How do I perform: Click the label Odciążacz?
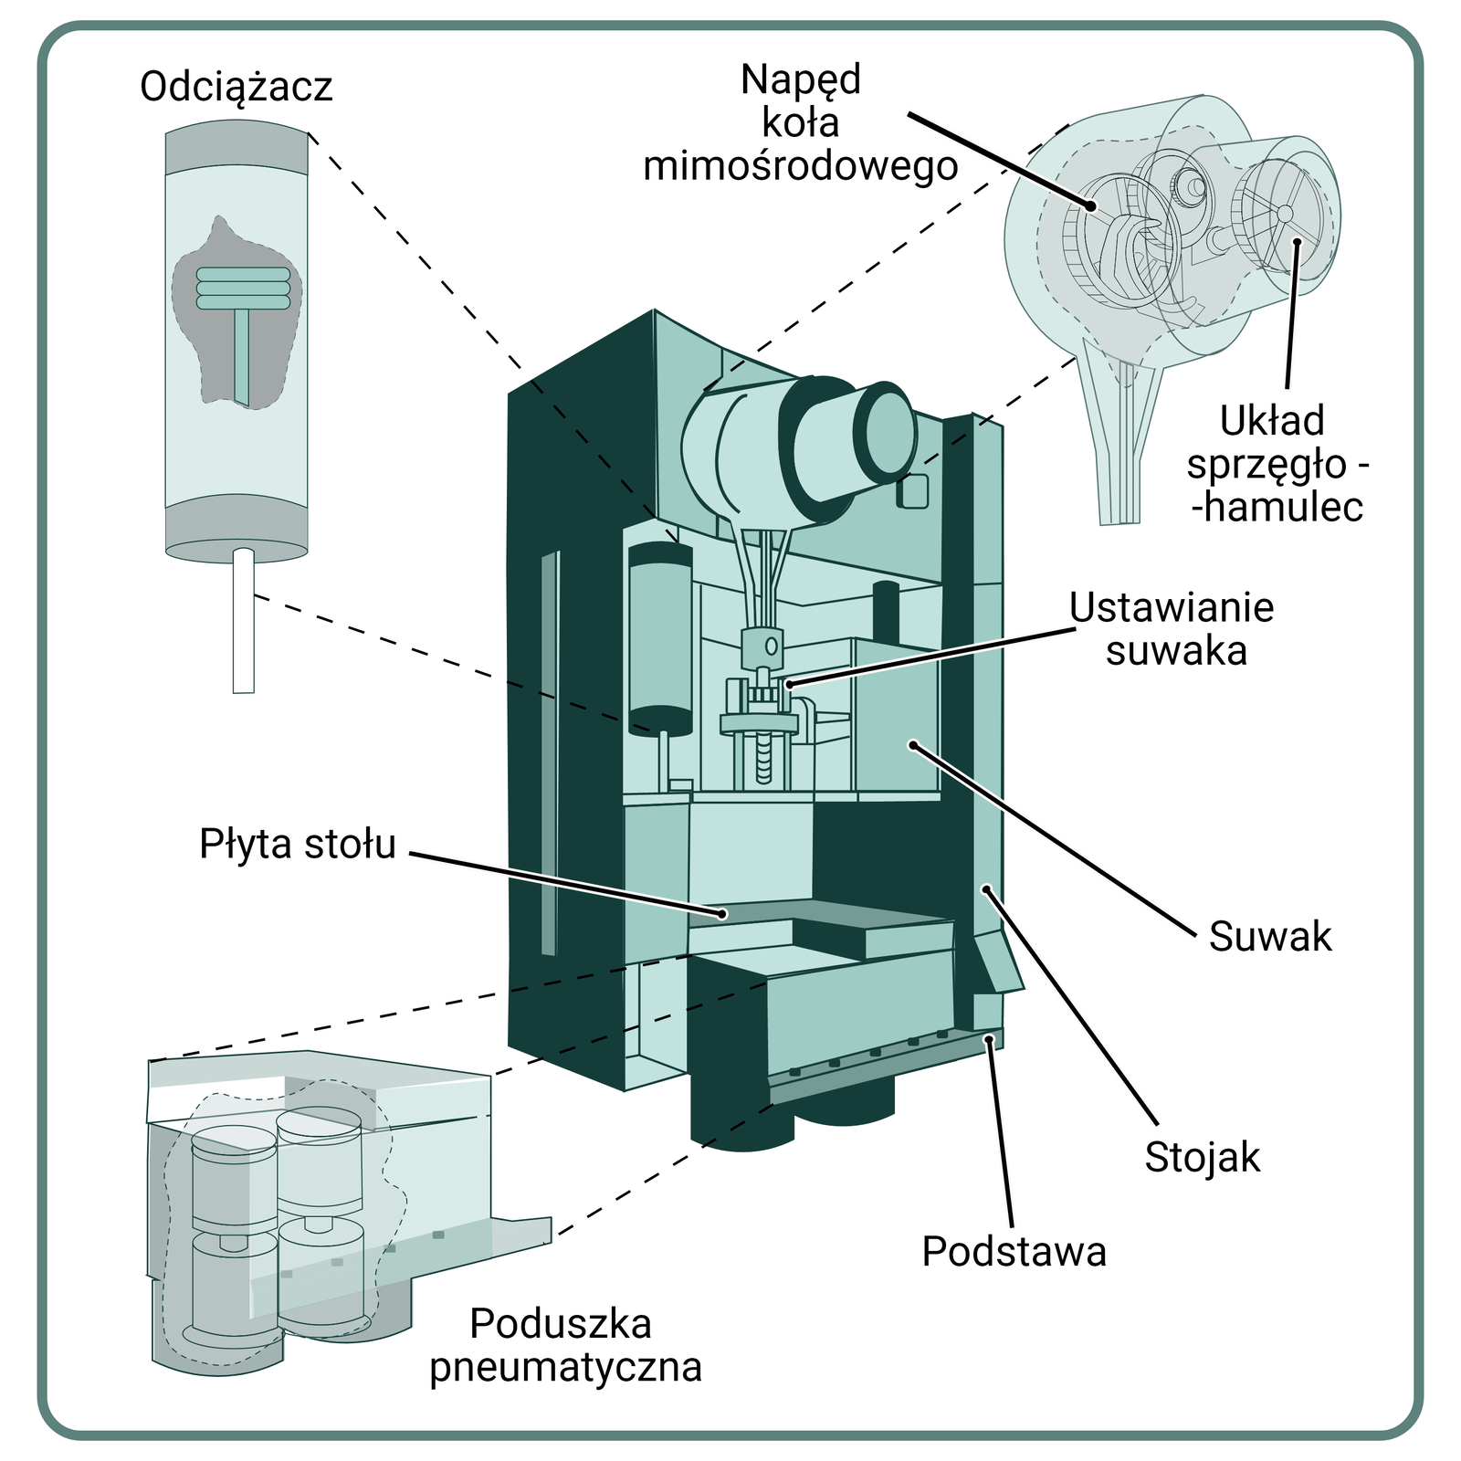pyautogui.click(x=236, y=88)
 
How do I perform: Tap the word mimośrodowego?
pyautogui.click(x=800, y=167)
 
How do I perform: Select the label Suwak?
pyautogui.click(x=1269, y=937)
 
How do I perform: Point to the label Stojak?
pyautogui.click(x=1202, y=1157)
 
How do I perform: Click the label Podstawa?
pyautogui.click(x=1014, y=1251)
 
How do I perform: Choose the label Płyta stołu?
pyautogui.click(x=297, y=845)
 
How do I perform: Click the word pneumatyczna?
pyautogui.click(x=565, y=1367)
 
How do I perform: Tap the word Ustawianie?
pyautogui.click(x=1172, y=608)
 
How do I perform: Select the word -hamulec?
pyautogui.click(x=1277, y=508)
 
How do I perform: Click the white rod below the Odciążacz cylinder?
pyautogui.click(x=243, y=621)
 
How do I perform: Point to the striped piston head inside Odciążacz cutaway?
pyautogui.click(x=243, y=288)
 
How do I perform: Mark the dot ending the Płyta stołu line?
pyautogui.click(x=721, y=913)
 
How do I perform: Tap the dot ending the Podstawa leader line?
pyautogui.click(x=988, y=1039)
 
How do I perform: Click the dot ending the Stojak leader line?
pyautogui.click(x=985, y=888)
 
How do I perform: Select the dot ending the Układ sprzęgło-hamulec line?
pyautogui.click(x=1297, y=242)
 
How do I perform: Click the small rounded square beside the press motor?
pyautogui.click(x=912, y=491)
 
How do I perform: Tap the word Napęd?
pyautogui.click(x=800, y=79)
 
